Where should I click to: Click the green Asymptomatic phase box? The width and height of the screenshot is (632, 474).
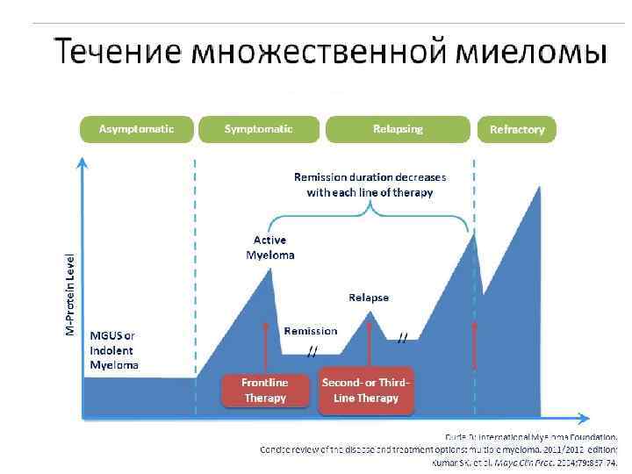click(x=136, y=129)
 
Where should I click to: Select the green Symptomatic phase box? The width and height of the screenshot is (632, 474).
click(x=259, y=129)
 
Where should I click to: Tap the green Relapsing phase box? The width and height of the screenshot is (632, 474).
click(x=397, y=129)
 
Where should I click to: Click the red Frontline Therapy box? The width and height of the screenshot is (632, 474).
click(x=265, y=391)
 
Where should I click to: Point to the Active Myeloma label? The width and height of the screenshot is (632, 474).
click(x=270, y=248)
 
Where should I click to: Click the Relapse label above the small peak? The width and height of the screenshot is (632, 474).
click(x=369, y=298)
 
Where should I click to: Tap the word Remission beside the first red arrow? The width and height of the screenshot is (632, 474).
click(x=311, y=331)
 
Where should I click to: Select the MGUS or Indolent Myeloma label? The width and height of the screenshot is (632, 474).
click(x=113, y=349)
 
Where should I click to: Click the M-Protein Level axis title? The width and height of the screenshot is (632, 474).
click(x=71, y=293)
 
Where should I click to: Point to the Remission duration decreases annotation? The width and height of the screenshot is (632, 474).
click(x=370, y=184)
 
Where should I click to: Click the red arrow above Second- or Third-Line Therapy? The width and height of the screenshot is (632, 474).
click(x=370, y=342)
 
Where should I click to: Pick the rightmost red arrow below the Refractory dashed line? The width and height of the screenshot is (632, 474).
click(x=476, y=344)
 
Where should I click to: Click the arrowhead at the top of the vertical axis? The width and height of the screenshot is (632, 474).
click(x=83, y=162)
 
